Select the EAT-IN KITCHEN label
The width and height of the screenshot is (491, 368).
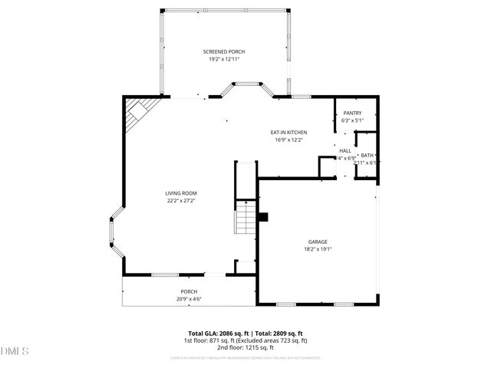click(288, 133)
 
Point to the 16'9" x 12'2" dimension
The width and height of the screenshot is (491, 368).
click(288, 140)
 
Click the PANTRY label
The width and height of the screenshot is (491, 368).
click(352, 113)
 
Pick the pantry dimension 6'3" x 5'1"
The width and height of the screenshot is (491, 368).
click(352, 120)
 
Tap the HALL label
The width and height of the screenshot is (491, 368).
click(345, 151)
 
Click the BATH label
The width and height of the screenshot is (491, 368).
click(367, 156)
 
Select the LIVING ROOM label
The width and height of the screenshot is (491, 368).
click(181, 193)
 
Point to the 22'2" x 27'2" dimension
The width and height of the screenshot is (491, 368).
click(181, 201)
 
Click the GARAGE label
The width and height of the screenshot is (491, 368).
click(318, 241)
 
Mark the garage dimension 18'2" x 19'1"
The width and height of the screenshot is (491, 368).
click(318, 248)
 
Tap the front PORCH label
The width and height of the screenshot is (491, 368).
click(188, 291)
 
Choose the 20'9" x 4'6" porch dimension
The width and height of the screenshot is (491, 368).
click(188, 298)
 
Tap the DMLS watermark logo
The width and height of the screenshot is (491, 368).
click(15, 351)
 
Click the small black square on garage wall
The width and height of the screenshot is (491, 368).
click(263, 217)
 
